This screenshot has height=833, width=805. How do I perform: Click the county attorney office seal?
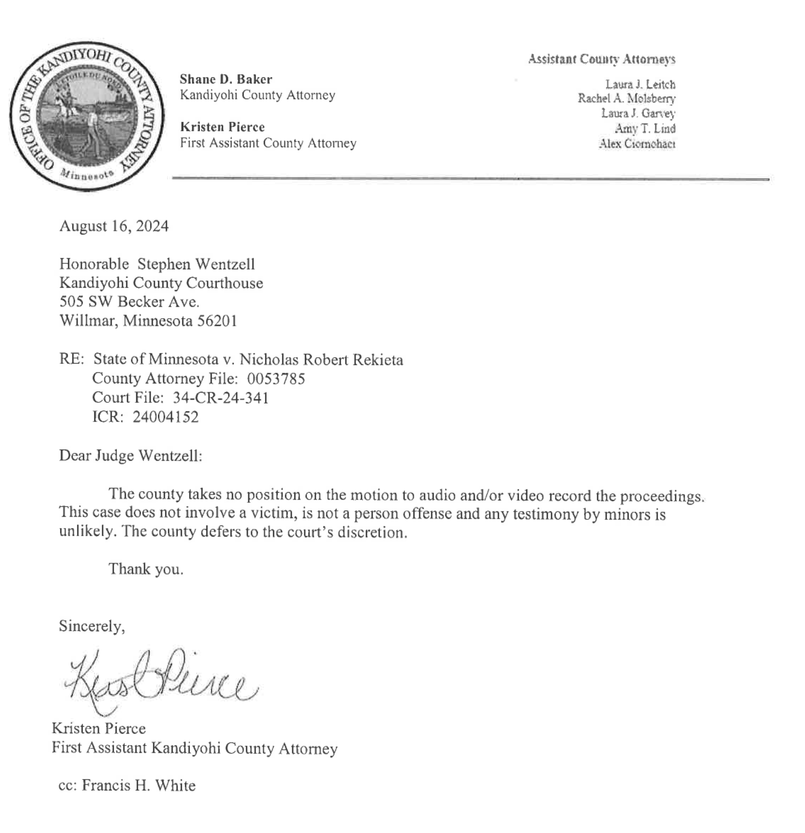tap(87, 116)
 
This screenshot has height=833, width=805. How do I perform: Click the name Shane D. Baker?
tap(226, 79)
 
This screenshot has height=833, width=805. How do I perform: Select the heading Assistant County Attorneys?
tap(601, 59)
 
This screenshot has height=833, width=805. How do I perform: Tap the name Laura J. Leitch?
tap(640, 85)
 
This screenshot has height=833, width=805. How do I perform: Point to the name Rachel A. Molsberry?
tap(627, 99)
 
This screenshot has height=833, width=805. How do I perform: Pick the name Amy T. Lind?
tap(645, 129)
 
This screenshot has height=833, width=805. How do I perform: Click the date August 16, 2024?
tap(114, 226)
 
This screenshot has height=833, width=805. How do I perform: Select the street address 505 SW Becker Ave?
tap(129, 302)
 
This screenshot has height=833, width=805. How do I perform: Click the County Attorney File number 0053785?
tap(276, 379)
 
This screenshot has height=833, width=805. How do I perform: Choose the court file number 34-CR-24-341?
tap(220, 398)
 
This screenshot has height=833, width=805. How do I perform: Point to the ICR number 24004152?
tap(165, 417)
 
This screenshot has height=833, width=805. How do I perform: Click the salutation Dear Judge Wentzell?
tap(131, 455)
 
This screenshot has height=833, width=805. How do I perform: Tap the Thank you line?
tap(146, 569)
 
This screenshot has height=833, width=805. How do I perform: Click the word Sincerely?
tap(92, 626)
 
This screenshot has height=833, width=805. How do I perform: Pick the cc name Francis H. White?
tap(139, 786)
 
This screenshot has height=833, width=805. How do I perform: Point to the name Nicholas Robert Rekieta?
tap(321, 360)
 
